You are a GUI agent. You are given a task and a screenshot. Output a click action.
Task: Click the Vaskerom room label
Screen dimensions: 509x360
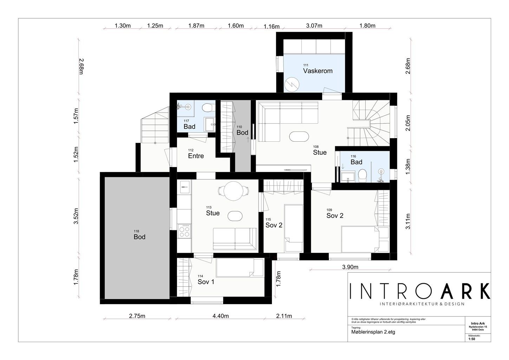[318, 71]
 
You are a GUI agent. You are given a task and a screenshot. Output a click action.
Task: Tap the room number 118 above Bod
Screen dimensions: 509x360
[136, 231]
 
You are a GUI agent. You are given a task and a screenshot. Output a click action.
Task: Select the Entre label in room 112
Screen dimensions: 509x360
[196, 156]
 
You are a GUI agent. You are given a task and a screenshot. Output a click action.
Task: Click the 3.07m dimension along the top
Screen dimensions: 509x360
[314, 26]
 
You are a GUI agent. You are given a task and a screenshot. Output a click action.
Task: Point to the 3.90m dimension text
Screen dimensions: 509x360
[350, 267]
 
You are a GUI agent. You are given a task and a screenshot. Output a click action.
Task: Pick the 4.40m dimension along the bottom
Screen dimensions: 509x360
[221, 316]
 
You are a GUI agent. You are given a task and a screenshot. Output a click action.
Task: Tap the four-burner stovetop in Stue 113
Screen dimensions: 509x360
[184, 231]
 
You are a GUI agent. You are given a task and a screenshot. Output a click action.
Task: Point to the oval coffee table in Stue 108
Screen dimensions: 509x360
[299, 137]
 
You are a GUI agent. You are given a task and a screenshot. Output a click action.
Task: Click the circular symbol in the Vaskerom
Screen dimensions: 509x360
[292, 84]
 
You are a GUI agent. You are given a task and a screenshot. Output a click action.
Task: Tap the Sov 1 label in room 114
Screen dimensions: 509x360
[206, 282]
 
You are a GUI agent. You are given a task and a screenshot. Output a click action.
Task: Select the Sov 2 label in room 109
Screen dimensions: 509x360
[335, 216]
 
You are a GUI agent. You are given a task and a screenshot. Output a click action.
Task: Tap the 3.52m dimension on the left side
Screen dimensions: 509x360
[76, 216]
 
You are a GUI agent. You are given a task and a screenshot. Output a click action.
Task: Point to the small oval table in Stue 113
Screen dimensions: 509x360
[235, 216]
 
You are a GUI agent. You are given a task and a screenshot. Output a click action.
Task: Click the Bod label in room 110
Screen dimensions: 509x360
[242, 132]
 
